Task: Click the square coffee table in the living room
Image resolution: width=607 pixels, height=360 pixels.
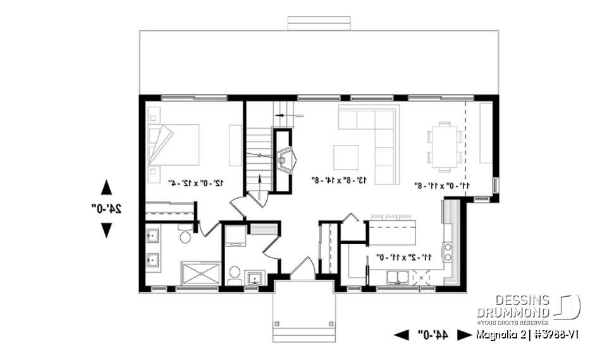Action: [x=346, y=158]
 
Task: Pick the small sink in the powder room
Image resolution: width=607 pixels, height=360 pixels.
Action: [x=255, y=277]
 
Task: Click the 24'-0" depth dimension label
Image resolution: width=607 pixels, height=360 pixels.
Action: [x=106, y=208]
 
